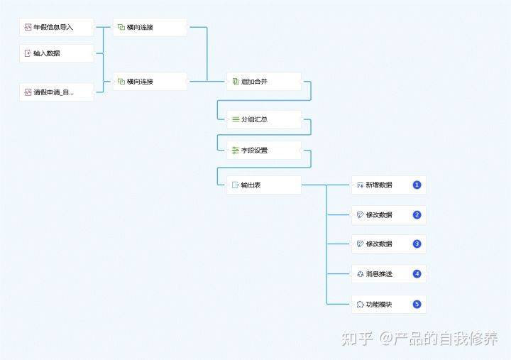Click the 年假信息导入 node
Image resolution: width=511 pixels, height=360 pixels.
tap(56, 28)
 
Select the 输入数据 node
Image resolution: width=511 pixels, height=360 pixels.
tap(56, 53)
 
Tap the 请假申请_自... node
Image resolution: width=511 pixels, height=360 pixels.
tap(56, 92)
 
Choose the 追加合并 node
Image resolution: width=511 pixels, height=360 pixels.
tap(263, 82)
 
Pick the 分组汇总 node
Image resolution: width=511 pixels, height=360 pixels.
tap(263, 119)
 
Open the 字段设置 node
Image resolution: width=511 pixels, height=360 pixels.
tap(263, 151)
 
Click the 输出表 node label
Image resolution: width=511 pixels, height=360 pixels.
tap(251, 185)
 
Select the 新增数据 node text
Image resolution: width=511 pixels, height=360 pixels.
tap(379, 185)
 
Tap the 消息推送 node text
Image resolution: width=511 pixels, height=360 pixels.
tap(379, 274)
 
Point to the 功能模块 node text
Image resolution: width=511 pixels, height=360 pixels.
tap(379, 305)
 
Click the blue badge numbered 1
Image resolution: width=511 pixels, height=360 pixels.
tap(417, 185)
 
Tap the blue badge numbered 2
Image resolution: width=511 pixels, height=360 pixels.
tap(417, 215)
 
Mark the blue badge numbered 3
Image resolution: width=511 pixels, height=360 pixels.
tap(417, 244)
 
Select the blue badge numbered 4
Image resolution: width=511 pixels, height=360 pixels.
tap(417, 274)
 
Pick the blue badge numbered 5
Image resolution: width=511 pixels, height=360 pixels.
tap(417, 305)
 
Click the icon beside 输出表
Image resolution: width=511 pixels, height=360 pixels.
tap(235, 185)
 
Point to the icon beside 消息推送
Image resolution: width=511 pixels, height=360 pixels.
tap(360, 274)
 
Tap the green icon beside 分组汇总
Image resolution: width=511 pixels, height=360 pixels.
tap(235, 119)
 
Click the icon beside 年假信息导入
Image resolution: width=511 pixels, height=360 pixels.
tap(28, 28)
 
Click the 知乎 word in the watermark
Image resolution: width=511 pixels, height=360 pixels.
tap(357, 339)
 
